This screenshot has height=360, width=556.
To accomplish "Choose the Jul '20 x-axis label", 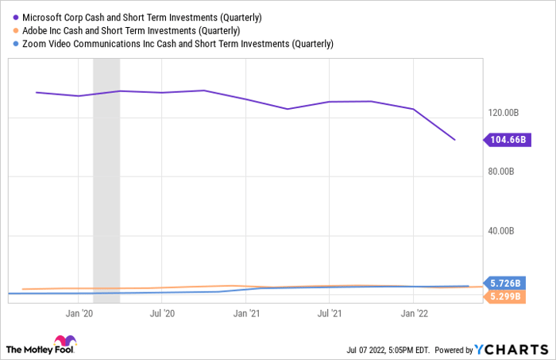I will click(x=162, y=314).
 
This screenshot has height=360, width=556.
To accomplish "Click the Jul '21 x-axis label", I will click(x=329, y=314).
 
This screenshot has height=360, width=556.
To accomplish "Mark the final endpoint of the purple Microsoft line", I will click(x=454, y=140).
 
